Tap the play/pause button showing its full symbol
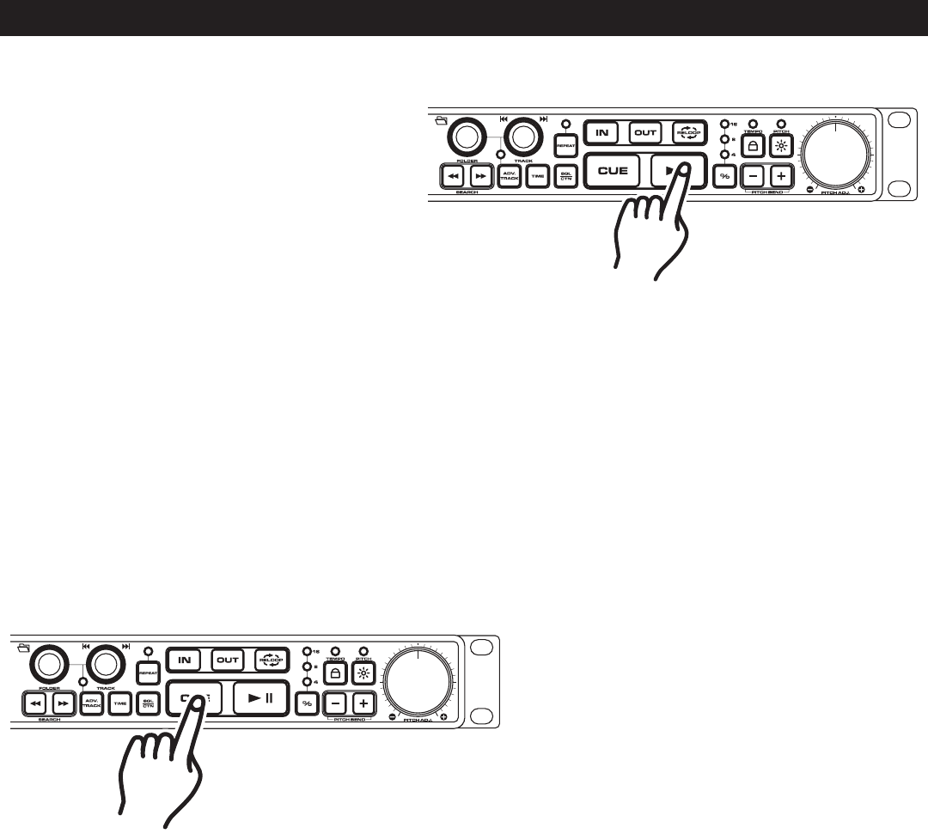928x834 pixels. [x=260, y=697]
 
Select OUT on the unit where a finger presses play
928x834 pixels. [x=644, y=133]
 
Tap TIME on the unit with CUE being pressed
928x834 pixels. [x=120, y=703]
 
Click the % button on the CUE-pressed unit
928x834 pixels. [x=307, y=703]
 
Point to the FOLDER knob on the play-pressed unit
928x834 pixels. [x=466, y=137]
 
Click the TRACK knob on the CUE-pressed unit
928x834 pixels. [x=105, y=663]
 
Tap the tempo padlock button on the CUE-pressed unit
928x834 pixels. [x=336, y=673]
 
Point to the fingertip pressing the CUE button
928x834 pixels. [x=197, y=700]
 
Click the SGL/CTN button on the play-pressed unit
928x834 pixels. [x=565, y=175]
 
